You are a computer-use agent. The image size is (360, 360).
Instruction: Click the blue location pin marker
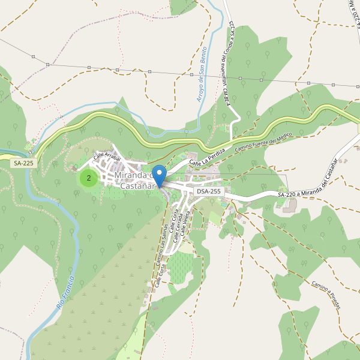(x=159, y=176)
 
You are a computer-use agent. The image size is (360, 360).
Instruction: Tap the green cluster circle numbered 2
(x=89, y=178)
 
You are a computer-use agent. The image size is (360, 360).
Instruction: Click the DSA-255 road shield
(x=209, y=191)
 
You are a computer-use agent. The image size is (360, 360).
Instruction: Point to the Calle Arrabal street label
(x=107, y=157)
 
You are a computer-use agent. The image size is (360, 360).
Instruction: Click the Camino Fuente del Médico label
(x=262, y=142)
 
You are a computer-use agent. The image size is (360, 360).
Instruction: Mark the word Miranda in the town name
(x=133, y=176)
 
